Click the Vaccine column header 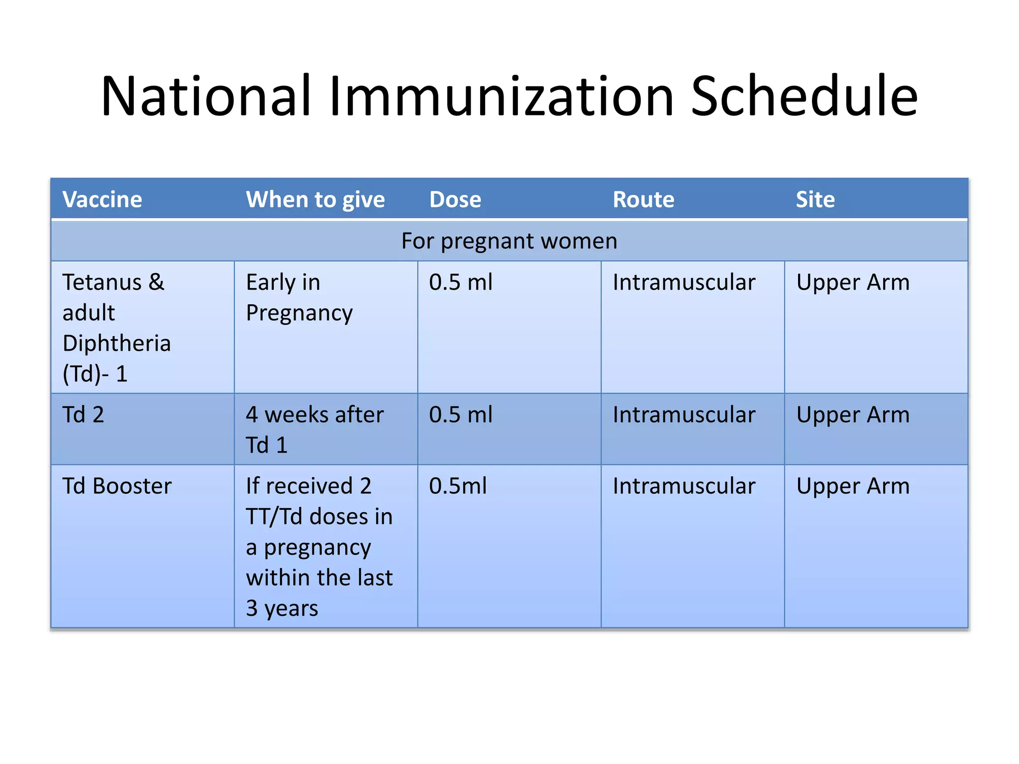[x=102, y=199]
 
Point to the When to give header [x=315, y=200]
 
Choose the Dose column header [x=455, y=199]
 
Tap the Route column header [x=643, y=199]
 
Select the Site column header [x=815, y=199]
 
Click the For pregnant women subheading [x=509, y=241]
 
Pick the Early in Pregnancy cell [x=300, y=298]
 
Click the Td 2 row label [x=84, y=414]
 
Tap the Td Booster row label [x=117, y=486]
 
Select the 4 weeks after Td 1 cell [x=315, y=430]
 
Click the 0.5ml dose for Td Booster [x=458, y=486]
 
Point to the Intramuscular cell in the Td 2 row [x=684, y=414]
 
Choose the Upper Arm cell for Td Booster [x=853, y=486]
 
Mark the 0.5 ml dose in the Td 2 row [x=461, y=414]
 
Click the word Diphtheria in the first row [x=117, y=344]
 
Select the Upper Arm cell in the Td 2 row [x=853, y=415]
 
